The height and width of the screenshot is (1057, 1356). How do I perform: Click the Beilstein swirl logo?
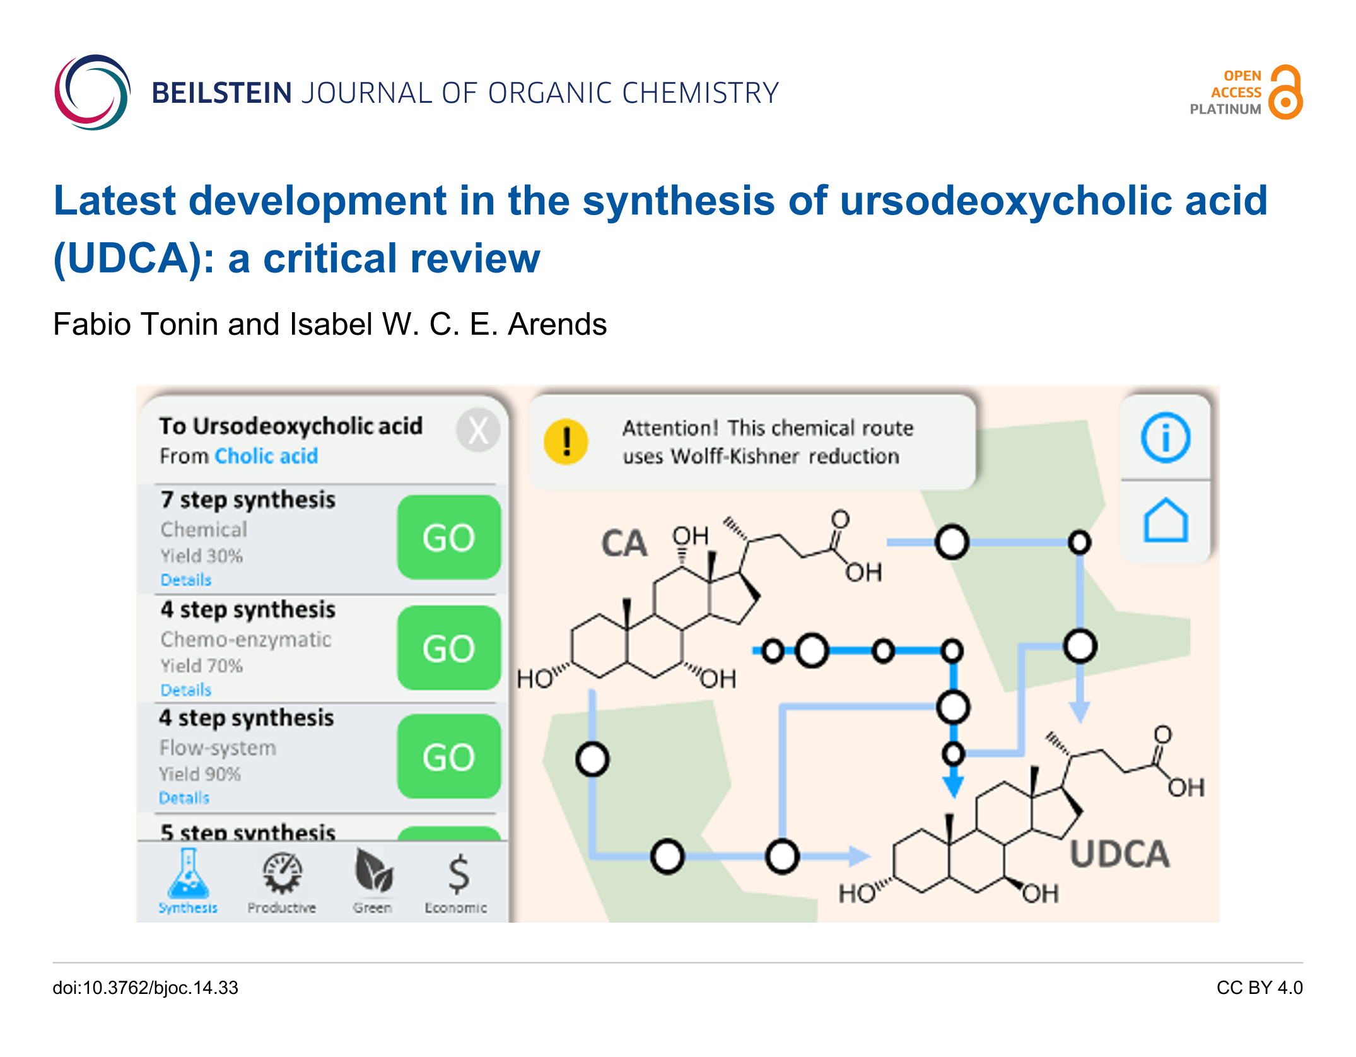93,92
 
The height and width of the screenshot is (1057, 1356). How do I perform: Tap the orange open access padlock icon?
1285,93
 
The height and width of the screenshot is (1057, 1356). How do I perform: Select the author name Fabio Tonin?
135,324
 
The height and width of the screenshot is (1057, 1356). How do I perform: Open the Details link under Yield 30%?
185,580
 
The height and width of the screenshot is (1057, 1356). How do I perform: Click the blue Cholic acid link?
266,456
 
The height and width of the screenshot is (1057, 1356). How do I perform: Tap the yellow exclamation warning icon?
566,441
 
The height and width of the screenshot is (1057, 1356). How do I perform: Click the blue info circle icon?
1166,438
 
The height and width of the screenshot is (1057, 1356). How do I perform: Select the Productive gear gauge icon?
282,873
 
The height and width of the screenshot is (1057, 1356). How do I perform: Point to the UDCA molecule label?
1119,855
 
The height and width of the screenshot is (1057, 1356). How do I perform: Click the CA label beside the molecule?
624,544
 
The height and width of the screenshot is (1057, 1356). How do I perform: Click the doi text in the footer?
145,988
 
